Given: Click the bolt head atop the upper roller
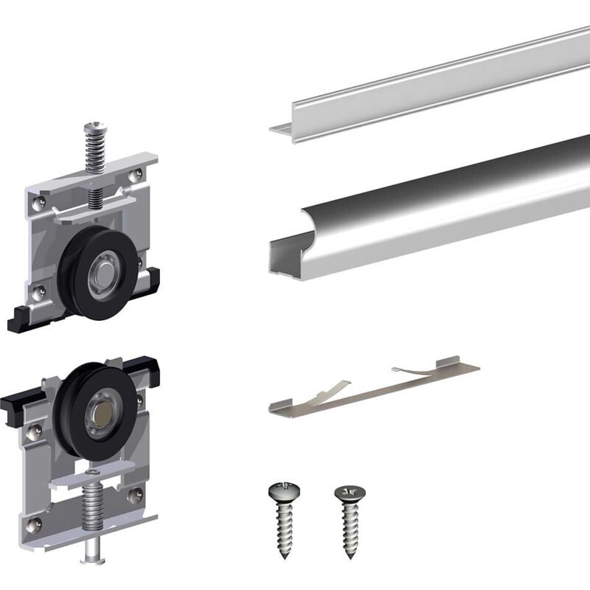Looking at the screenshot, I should (x=94, y=128).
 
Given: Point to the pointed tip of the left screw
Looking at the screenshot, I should (x=287, y=558).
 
